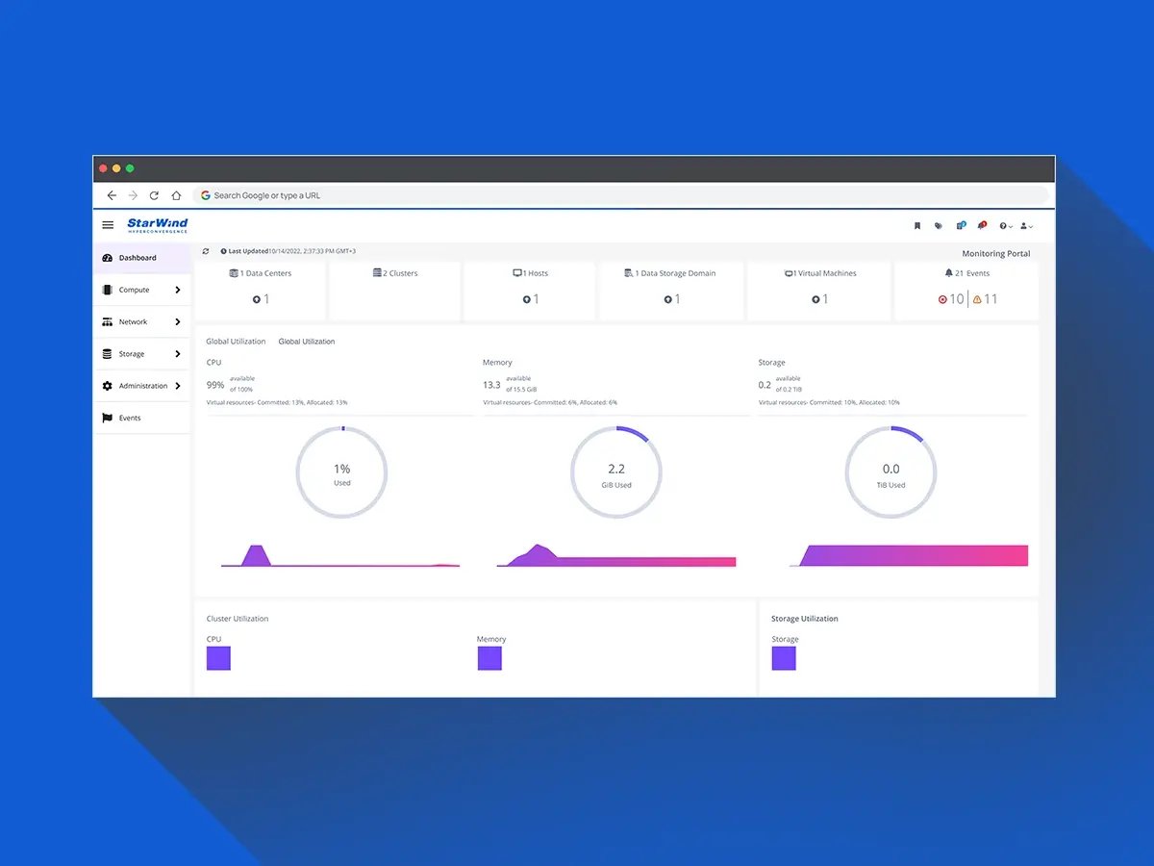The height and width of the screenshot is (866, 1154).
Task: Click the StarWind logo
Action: (x=158, y=225)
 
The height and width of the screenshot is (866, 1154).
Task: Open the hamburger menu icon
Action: (x=108, y=225)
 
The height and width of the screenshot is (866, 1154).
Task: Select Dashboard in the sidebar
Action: (x=138, y=258)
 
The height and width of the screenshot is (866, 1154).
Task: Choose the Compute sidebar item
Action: (x=135, y=290)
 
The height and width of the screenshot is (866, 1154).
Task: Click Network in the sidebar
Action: (x=134, y=322)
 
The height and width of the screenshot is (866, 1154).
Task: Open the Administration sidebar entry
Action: (x=143, y=386)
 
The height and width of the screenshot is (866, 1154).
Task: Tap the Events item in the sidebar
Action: (x=130, y=419)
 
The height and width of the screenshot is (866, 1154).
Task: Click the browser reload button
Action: (x=154, y=195)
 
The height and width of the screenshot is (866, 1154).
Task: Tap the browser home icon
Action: (x=176, y=195)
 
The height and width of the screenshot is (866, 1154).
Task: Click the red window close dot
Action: (x=103, y=168)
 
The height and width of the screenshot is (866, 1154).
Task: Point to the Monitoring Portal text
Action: (x=995, y=254)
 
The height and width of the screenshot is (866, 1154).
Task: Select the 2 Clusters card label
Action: (x=395, y=273)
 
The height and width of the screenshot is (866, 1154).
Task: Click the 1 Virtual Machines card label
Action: (x=820, y=273)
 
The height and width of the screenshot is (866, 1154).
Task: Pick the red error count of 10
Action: (x=951, y=299)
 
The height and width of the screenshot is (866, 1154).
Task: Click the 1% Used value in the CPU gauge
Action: (x=342, y=472)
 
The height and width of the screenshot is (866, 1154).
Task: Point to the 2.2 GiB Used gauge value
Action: (x=616, y=472)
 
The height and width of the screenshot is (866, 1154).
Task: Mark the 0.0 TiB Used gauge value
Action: (x=891, y=472)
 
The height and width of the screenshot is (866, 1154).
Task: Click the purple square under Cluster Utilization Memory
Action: (x=489, y=658)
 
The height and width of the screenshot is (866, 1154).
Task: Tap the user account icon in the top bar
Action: (x=1025, y=225)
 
